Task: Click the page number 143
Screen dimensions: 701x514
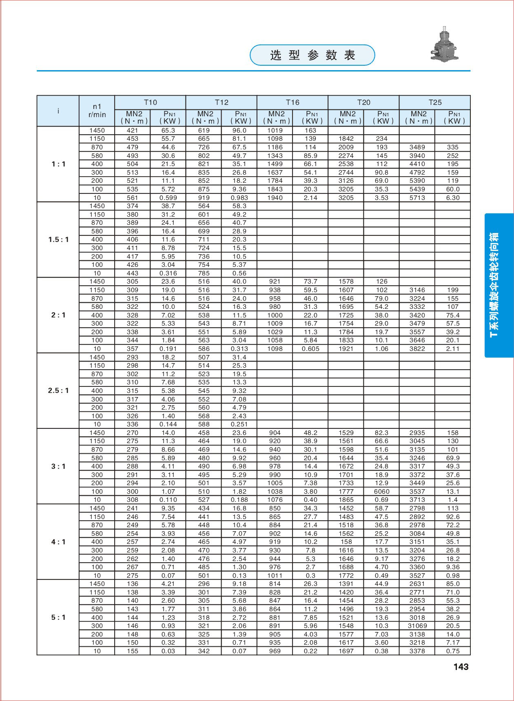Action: pyautogui.click(x=461, y=667)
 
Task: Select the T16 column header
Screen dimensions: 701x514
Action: pyautogui.click(x=292, y=102)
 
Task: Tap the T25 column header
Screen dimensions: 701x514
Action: pyautogui.click(x=435, y=102)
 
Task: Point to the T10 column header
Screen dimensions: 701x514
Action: pyautogui.click(x=150, y=102)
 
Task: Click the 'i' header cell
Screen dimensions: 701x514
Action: pyautogui.click(x=58, y=111)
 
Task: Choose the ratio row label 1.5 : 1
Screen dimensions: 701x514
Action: pyautogui.click(x=58, y=240)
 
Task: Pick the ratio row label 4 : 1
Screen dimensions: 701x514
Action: pyautogui.click(x=58, y=542)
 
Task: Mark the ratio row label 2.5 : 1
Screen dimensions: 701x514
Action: pyautogui.click(x=58, y=390)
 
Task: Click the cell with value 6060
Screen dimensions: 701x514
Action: pyautogui.click(x=381, y=492)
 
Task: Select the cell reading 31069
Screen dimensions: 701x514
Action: pyautogui.click(x=417, y=626)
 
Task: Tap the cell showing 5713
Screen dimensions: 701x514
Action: pyautogui.click(x=417, y=198)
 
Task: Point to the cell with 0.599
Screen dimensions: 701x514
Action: pyautogui.click(x=168, y=198)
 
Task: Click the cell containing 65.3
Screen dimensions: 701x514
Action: pyautogui.click(x=168, y=131)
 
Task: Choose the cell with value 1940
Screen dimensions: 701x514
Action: pyautogui.click(x=275, y=198)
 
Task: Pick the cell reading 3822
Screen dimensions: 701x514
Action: pyautogui.click(x=417, y=349)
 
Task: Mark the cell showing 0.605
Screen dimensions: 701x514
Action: pyautogui.click(x=310, y=349)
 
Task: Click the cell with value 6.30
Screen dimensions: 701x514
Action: pyautogui.click(x=453, y=198)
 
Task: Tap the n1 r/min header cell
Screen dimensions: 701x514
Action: pyautogui.click(x=97, y=111)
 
